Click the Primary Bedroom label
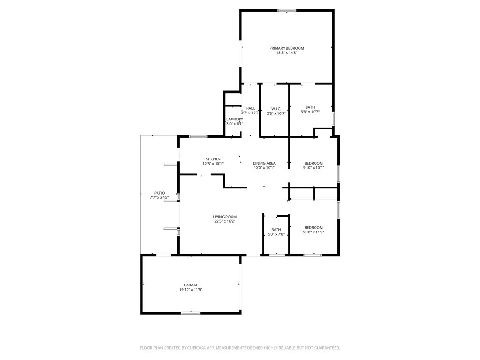coord(286,48)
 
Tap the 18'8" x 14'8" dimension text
coord(286,52)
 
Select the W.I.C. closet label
coord(276,109)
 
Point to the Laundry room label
coord(235,119)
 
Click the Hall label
coord(250,108)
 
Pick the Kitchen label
coord(213,159)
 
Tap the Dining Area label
coord(264,163)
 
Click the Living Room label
coord(225,217)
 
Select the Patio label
coord(159,193)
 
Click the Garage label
coord(191,285)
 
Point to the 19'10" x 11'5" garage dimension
coord(191,290)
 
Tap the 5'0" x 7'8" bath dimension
coord(276,234)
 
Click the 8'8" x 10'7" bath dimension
coord(310,112)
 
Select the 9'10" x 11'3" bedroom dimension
coord(314,232)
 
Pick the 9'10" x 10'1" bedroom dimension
coord(314,168)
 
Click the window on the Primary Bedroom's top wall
coord(287,10)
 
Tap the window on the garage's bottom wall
coord(191,313)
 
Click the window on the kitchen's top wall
coord(198,136)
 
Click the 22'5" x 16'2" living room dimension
coord(225,221)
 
